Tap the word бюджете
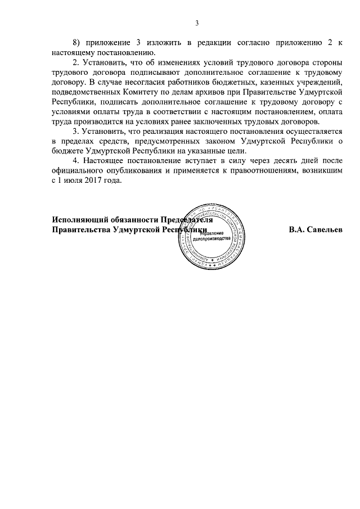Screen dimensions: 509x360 pos(69,151)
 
